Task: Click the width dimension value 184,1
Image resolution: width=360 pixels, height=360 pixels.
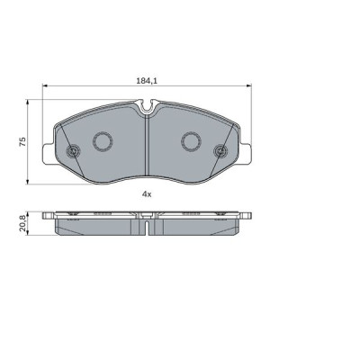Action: coord(146,82)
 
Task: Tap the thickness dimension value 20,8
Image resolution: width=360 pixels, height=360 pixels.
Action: coord(22,221)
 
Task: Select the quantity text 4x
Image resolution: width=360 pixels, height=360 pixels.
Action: coord(146,193)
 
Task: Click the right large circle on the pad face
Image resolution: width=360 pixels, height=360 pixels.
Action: coord(190,140)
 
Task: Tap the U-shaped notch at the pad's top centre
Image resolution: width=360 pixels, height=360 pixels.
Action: coord(146,112)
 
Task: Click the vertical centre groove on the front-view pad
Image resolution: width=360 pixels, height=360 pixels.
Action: coord(146,148)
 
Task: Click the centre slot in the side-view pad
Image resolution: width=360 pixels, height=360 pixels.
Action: coord(146,227)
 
